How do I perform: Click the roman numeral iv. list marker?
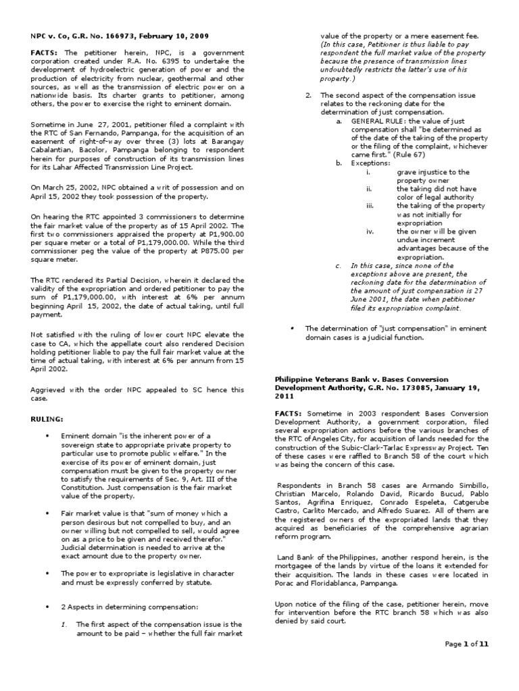(x=369, y=230)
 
